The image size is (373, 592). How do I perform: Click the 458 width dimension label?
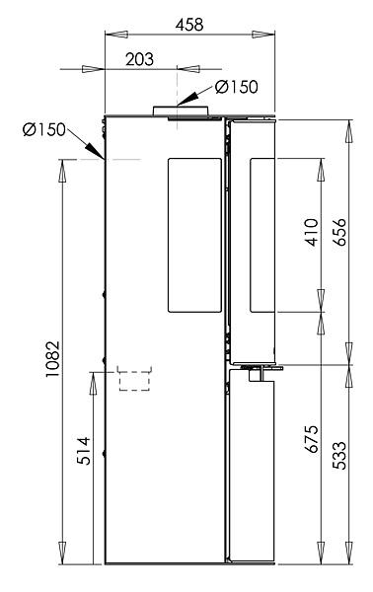click(x=189, y=25)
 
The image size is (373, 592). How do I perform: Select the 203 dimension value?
click(x=140, y=59)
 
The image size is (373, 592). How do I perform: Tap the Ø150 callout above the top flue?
click(x=237, y=87)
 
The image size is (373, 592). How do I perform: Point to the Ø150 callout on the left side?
click(x=43, y=129)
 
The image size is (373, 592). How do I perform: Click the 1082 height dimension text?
click(x=52, y=359)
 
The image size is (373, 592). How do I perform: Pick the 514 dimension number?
click(x=84, y=451)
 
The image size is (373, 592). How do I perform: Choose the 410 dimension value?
click(x=312, y=232)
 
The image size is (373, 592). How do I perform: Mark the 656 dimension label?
click(x=340, y=232)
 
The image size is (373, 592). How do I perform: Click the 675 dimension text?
click(x=312, y=439)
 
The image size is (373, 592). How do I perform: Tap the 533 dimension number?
click(x=339, y=455)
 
